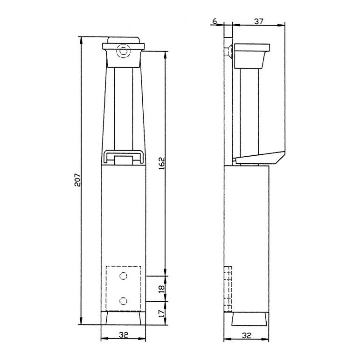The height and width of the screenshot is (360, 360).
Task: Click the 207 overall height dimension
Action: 77,180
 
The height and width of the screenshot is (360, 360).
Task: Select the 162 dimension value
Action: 162,163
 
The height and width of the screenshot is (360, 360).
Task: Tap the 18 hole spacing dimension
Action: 162,289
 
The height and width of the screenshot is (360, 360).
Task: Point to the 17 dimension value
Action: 162,313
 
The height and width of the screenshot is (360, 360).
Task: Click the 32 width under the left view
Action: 123,335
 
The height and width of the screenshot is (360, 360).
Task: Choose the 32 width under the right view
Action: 247,335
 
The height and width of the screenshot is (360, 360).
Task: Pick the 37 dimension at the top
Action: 258,21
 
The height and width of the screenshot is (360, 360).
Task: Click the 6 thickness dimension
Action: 215,21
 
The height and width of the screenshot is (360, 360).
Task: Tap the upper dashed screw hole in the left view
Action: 124,276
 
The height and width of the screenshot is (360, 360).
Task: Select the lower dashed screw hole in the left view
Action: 124,301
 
